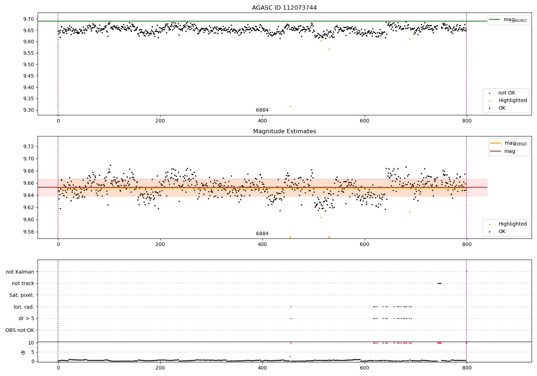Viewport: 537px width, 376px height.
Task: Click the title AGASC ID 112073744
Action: [x=284, y=8]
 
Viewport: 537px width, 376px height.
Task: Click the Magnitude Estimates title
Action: [x=284, y=131]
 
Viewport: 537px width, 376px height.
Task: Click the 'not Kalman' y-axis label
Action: [x=20, y=272]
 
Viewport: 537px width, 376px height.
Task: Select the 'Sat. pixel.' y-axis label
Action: [x=21, y=295]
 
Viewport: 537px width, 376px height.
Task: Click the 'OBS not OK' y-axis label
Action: [x=20, y=330]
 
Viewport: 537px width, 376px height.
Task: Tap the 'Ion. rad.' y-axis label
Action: [x=24, y=307]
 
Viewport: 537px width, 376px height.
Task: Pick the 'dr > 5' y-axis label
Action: [x=26, y=318]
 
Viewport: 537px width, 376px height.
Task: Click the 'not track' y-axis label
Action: [x=23, y=283]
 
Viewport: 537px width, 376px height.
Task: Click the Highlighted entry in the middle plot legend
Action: [x=512, y=224]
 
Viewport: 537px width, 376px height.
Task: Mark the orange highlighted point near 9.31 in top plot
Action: [x=290, y=106]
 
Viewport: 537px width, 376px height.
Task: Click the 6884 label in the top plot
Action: [x=262, y=110]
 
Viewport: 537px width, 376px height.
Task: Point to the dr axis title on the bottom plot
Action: [x=23, y=352]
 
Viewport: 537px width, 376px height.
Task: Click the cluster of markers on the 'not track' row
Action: [x=439, y=283]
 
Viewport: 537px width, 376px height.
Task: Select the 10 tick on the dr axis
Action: [x=31, y=343]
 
